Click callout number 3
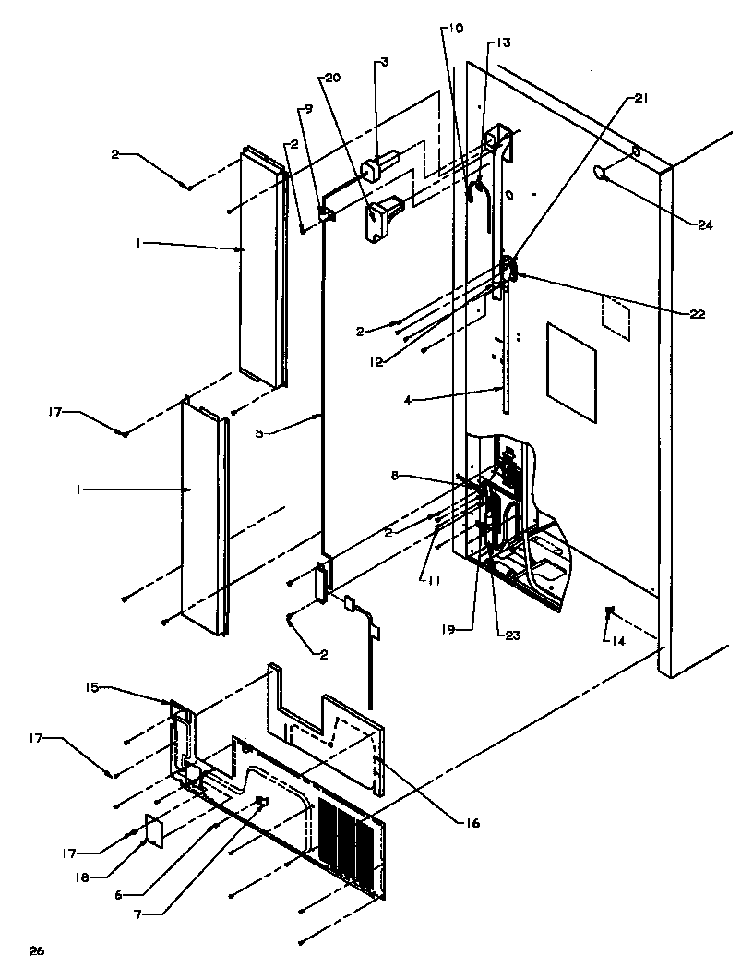(x=384, y=63)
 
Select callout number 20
(x=331, y=78)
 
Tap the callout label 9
(x=308, y=109)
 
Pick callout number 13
(x=503, y=42)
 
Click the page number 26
(x=36, y=949)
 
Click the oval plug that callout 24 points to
(x=604, y=172)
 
